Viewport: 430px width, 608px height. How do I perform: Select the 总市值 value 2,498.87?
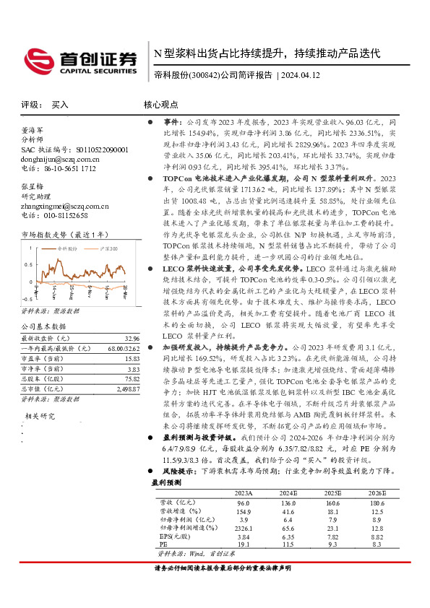(125, 388)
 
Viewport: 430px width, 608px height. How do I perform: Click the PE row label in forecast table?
(163, 544)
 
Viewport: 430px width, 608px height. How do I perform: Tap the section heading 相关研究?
(40, 416)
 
